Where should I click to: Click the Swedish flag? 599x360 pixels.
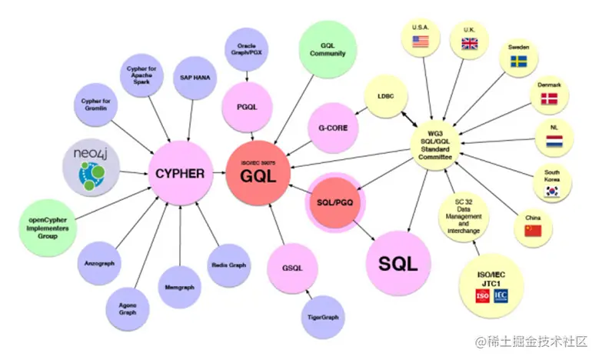pyautogui.click(x=517, y=61)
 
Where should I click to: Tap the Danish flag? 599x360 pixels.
pyautogui.click(x=549, y=98)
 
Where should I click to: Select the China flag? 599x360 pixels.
pyautogui.click(x=534, y=229)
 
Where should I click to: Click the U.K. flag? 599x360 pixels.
pyautogui.click(x=469, y=44)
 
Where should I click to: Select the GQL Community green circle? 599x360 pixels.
pyautogui.click(x=328, y=48)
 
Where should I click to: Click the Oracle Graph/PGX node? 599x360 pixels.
pyautogui.click(x=245, y=50)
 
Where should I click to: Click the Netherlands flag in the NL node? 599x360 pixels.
pyautogui.click(x=554, y=142)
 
